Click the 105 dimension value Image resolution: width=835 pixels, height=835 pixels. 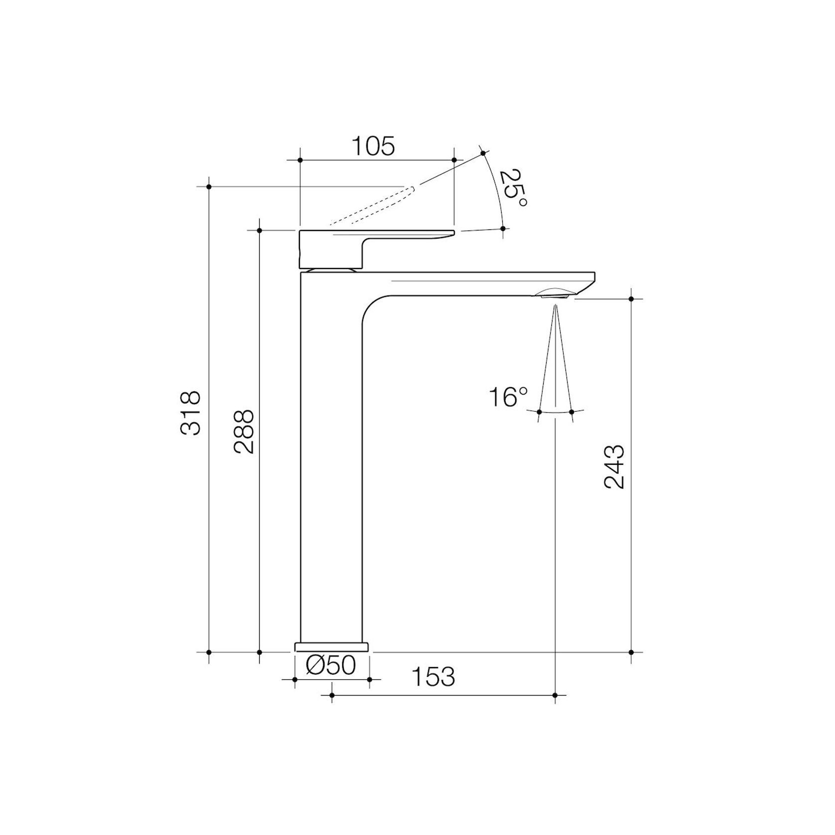[x=374, y=146]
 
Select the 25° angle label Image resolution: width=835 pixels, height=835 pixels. [x=513, y=189]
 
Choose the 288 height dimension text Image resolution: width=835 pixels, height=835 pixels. [x=244, y=431]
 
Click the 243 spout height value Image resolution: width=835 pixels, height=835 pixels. [x=614, y=466]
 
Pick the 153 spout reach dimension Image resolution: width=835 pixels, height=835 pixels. [x=433, y=677]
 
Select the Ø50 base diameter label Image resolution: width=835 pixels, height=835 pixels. [x=331, y=665]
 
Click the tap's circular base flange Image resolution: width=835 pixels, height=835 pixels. [x=332, y=647]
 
